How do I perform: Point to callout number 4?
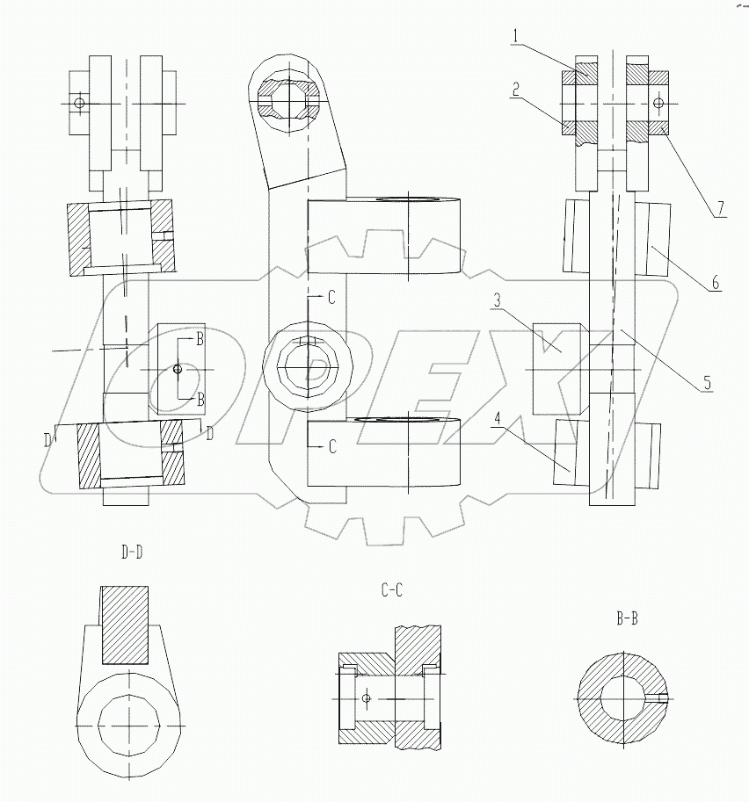pos(498,419)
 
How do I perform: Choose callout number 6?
pos(716,283)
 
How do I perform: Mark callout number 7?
pos(719,207)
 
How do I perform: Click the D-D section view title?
pos(132,553)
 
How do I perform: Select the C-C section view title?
pos(392,591)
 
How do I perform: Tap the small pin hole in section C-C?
pos(367,699)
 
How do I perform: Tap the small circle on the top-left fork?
pos(80,104)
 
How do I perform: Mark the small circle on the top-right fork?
pos(658,104)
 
